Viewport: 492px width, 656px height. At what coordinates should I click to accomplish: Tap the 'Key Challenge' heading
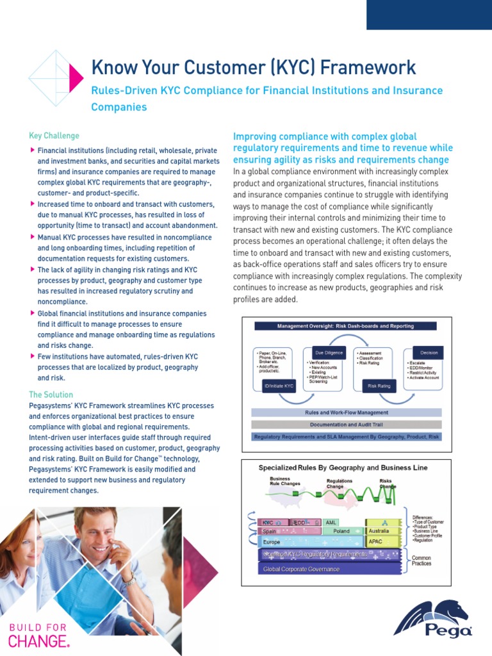(54, 136)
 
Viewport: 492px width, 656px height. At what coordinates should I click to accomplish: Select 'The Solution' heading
(51, 395)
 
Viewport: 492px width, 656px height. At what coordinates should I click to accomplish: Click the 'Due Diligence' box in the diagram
(329, 353)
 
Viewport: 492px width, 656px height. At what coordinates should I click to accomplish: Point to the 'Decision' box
(429, 353)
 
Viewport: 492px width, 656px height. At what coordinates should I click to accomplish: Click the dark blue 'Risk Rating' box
(379, 386)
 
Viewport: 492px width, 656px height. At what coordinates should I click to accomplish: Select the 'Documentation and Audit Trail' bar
(346, 424)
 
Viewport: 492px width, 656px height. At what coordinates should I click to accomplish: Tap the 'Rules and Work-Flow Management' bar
(346, 412)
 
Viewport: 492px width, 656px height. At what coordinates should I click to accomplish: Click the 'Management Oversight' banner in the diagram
(345, 326)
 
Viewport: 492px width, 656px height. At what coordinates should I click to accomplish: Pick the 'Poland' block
(341, 531)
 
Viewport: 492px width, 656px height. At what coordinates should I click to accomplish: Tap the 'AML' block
(331, 522)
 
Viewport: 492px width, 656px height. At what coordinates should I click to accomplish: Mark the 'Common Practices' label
(421, 561)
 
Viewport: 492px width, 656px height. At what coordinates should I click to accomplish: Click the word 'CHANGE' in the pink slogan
(38, 641)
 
